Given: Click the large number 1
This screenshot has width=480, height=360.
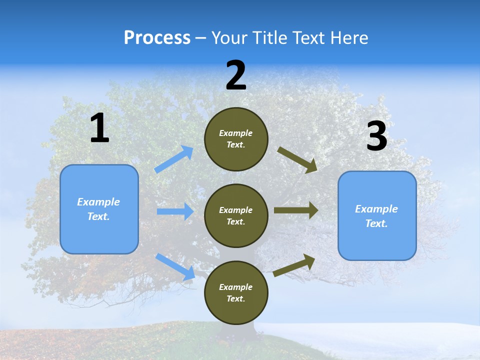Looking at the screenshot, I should point(99,128).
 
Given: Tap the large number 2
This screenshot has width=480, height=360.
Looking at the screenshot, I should point(236,76).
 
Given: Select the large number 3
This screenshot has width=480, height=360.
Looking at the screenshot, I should point(376,136).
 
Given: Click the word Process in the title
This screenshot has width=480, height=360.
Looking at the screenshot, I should point(157,38).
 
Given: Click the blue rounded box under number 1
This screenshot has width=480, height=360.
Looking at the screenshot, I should point(99,209).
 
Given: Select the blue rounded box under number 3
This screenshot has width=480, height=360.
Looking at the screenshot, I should point(377,215).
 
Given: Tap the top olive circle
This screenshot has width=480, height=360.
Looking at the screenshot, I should point(236,139).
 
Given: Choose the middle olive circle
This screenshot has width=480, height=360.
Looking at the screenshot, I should point(236,215).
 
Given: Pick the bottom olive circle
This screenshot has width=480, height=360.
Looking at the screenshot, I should point(236,292).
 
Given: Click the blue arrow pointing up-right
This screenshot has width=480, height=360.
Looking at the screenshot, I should point(174,159).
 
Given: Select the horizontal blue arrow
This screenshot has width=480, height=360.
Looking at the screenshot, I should point(175,211).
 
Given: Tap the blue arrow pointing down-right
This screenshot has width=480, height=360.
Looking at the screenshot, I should point(175,266).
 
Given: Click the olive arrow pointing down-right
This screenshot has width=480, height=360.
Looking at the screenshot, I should point(297,159).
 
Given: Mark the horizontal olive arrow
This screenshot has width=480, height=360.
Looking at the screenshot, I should point(296,210).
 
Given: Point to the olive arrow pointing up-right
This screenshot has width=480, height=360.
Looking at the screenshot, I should point(294,265).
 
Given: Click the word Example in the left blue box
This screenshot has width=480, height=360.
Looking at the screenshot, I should point(98,202).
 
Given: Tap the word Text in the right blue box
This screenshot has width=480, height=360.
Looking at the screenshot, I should point(376,223).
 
